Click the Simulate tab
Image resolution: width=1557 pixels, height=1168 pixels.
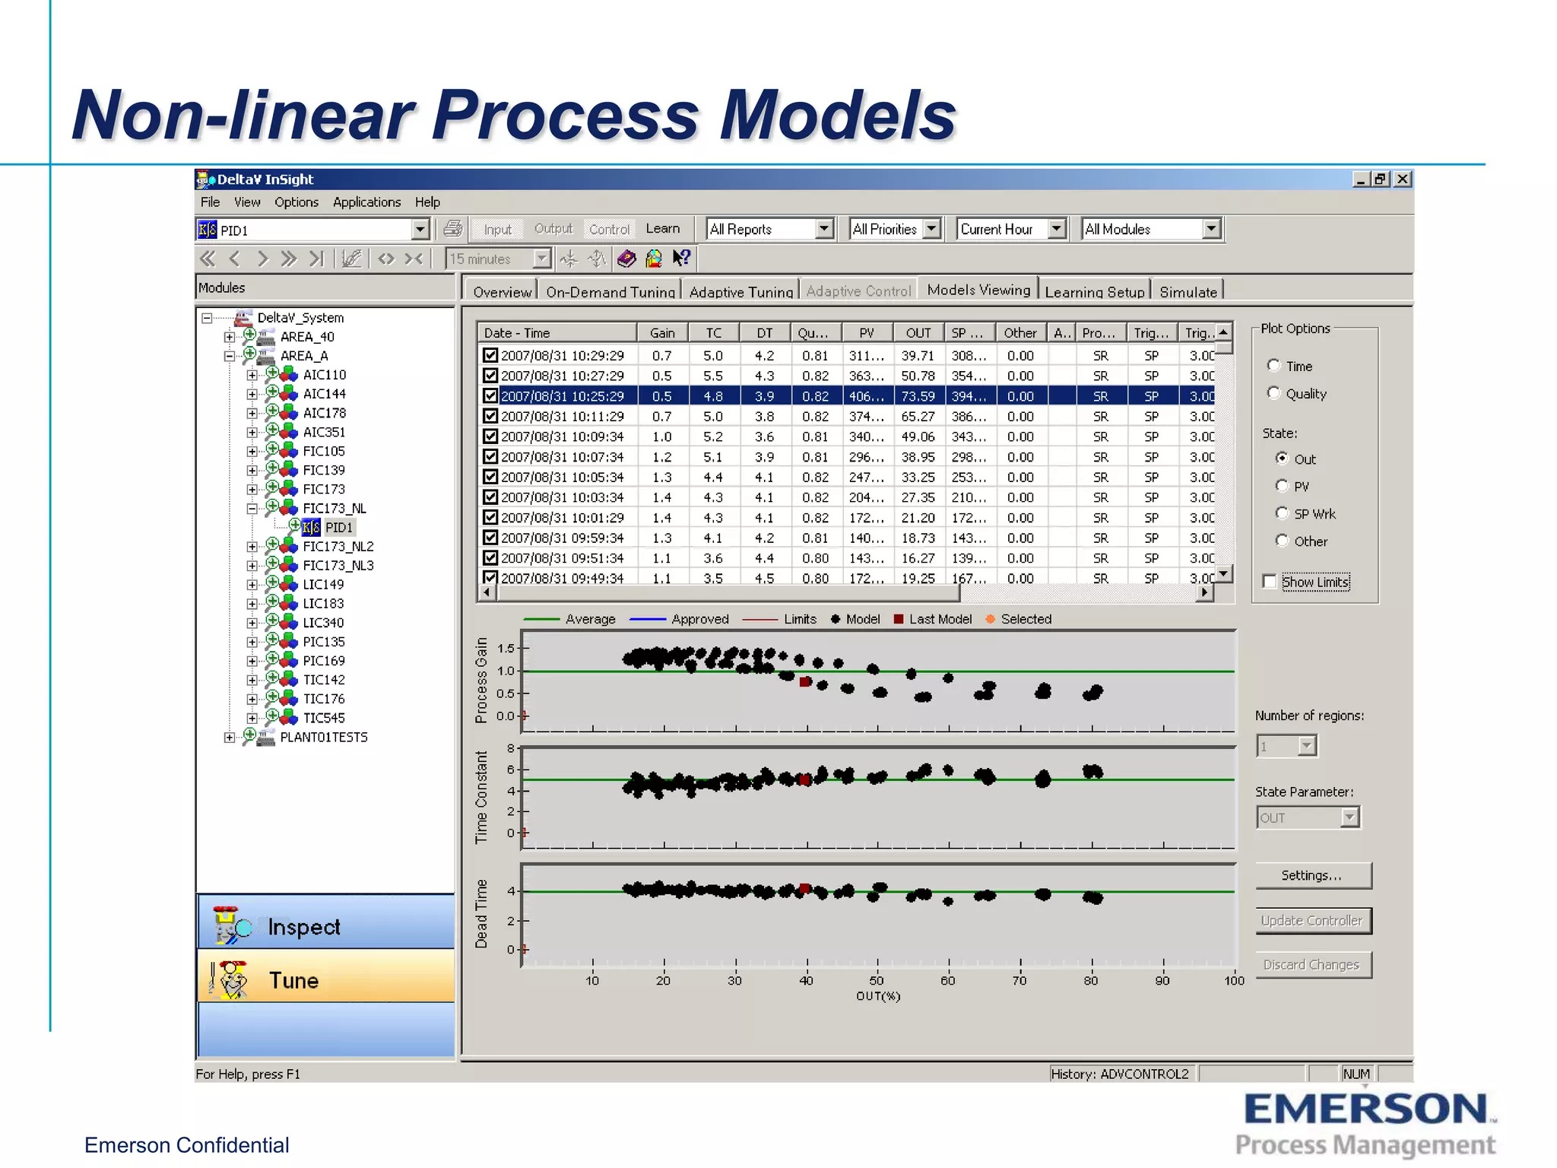coord(1188,292)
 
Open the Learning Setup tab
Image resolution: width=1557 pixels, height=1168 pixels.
coord(1093,292)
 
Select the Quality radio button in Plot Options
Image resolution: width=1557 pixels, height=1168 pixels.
coord(1274,393)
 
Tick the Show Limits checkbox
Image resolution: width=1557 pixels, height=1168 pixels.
coord(1270,582)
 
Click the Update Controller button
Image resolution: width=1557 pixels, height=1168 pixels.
coord(1313,921)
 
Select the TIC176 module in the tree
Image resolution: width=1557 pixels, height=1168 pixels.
coord(324,699)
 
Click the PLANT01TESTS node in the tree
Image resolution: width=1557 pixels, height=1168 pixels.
coord(323,737)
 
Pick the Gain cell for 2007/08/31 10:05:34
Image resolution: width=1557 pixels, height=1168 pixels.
coord(661,478)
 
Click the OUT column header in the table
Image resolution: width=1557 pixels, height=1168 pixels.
coord(918,333)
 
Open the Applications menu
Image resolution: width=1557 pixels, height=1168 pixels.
coord(366,202)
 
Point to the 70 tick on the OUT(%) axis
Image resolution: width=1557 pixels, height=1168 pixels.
coord(1020,980)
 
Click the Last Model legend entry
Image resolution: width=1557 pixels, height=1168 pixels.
coord(939,619)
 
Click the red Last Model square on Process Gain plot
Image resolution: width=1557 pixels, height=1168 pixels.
coord(805,682)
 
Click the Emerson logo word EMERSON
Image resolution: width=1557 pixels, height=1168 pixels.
coord(1365,1109)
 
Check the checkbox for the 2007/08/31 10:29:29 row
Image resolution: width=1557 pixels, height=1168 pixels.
coord(490,355)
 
